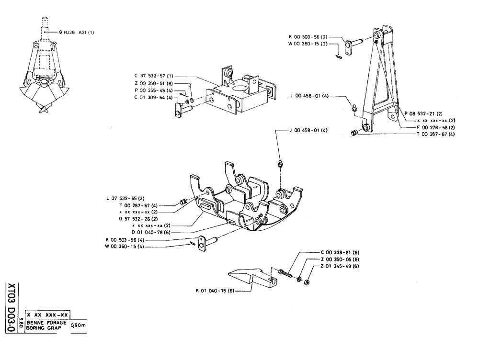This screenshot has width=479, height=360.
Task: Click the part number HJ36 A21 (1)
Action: coord(79,33)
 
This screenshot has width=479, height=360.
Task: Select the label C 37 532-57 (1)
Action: coord(154,76)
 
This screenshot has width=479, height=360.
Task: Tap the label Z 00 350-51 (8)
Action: coord(154,83)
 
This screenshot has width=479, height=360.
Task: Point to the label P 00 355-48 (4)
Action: coord(154,90)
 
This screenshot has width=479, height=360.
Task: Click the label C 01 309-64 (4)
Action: coord(154,98)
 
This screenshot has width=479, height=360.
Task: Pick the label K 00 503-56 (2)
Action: coord(308,36)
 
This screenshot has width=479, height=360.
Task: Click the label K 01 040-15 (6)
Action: coord(215,290)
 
